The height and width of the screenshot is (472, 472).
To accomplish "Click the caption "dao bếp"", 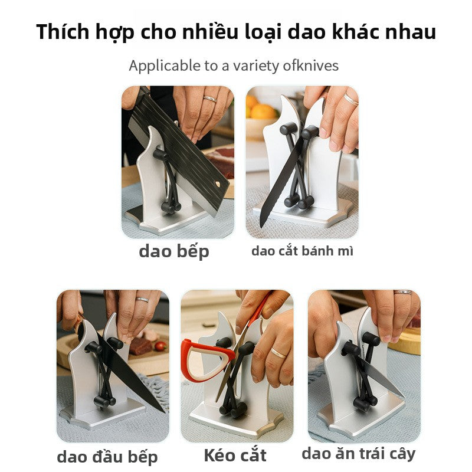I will [x=174, y=251].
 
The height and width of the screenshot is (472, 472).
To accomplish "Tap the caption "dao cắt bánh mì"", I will [x=302, y=251].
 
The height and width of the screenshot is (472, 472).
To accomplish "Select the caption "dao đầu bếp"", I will [x=107, y=456].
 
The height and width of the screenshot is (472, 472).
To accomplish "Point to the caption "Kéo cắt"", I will [x=235, y=455].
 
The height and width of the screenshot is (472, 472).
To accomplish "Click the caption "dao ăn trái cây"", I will [x=358, y=453].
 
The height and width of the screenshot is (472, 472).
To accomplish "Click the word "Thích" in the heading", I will [x=64, y=32].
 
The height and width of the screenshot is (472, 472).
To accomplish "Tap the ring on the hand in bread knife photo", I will [x=350, y=99].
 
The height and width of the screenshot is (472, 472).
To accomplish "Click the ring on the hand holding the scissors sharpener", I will [x=278, y=353].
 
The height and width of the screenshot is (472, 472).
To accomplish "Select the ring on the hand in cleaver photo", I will [x=210, y=99].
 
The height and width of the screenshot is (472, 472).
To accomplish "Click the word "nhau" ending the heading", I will [x=412, y=32].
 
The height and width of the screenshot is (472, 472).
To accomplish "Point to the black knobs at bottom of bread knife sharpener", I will [x=299, y=202].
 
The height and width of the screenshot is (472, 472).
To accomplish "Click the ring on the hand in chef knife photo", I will [x=142, y=300].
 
